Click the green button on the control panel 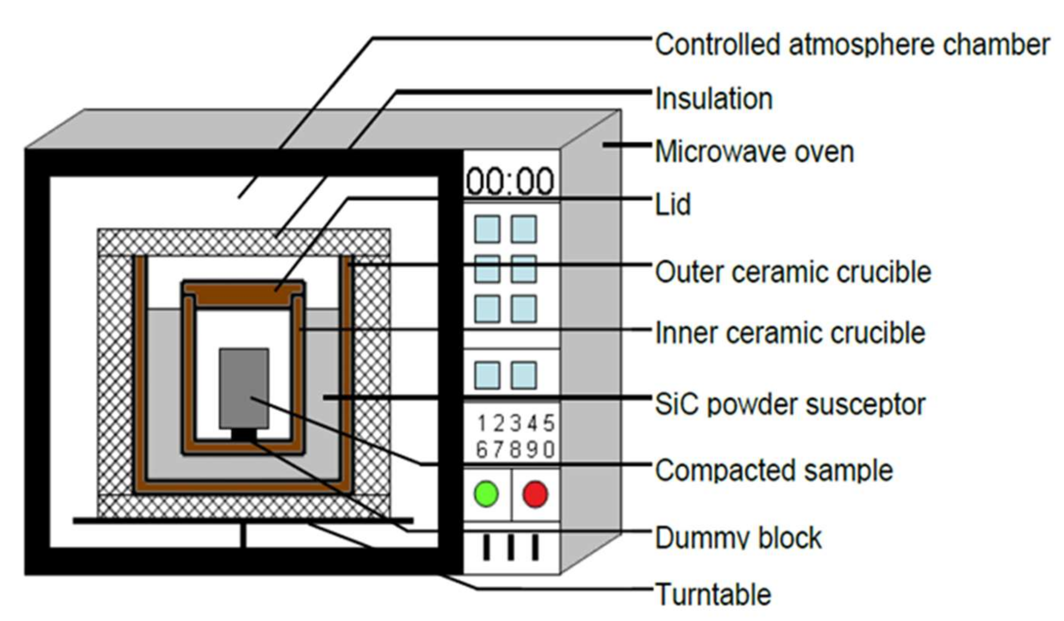coord(486,493)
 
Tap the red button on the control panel coord(535,493)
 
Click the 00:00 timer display coord(510,182)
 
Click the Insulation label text coord(714,99)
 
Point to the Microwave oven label coord(754,152)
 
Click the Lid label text coord(672,204)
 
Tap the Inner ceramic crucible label coord(790,333)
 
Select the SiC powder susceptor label coord(790,404)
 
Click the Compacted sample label coord(774,470)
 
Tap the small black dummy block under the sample coord(244,434)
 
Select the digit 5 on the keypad coord(548,423)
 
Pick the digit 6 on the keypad coord(482,450)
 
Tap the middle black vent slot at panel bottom coord(511,548)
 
